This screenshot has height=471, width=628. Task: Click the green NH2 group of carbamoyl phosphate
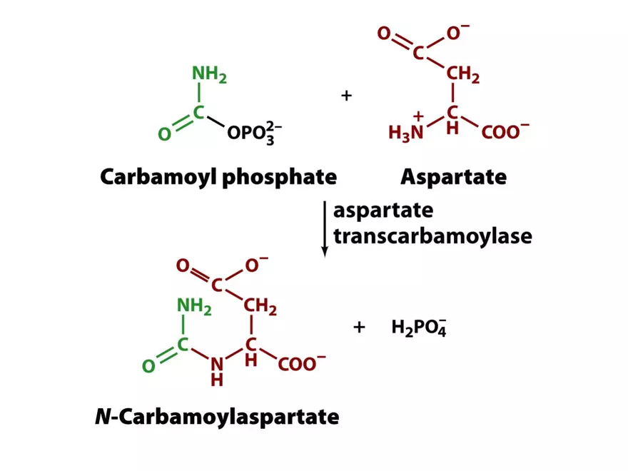pos(208,74)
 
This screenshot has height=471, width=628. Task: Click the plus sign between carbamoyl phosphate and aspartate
pos(347,95)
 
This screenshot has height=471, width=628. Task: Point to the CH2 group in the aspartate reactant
pos(463,74)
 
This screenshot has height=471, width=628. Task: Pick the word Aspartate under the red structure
pos(453,176)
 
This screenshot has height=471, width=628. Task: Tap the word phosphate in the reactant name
pos(279,176)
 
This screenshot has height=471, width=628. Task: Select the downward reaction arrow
pos(325,228)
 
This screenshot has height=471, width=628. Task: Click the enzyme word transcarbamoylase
pos(432,235)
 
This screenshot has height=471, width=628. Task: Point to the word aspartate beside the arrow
pos(383,212)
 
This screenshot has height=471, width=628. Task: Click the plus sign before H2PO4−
pos(359,327)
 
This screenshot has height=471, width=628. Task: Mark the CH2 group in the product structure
pos(260,307)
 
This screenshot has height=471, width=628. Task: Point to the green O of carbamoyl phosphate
pos(164,133)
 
